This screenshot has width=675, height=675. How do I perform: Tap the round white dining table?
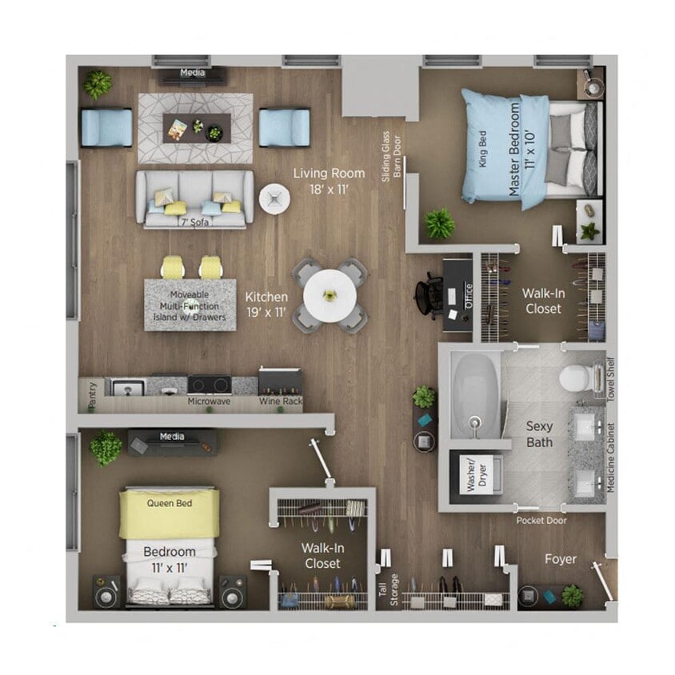click(x=330, y=295)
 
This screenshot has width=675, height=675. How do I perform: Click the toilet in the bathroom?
click(x=578, y=377)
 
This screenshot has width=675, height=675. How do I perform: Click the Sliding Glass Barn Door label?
click(x=390, y=156)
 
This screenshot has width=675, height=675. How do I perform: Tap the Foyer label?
click(x=560, y=559)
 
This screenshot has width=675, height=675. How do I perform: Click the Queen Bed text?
click(x=169, y=504)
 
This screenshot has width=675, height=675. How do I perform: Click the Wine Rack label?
click(x=280, y=401)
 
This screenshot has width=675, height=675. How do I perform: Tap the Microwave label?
click(x=209, y=401)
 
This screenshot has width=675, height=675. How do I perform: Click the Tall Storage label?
click(x=387, y=589)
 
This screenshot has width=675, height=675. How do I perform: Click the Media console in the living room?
click(x=192, y=74)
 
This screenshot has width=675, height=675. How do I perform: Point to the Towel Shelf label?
click(x=611, y=378)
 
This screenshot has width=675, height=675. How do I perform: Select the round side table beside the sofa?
click(x=274, y=198)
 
